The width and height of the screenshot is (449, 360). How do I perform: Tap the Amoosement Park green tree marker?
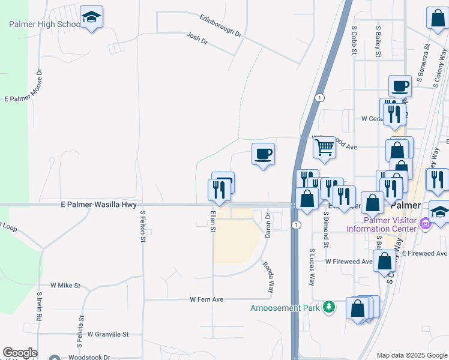(x=328, y=308)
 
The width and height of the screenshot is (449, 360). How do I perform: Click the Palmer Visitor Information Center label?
(x=381, y=224)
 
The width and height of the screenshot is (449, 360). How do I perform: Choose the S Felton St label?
(x=143, y=226)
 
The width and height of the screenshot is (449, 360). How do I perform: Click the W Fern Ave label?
(x=206, y=299)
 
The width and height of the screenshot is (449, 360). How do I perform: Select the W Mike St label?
(x=65, y=286)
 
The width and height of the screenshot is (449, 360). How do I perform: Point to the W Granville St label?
(x=108, y=334)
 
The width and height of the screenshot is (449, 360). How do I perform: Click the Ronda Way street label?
(x=268, y=277)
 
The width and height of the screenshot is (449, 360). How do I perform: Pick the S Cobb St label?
(x=355, y=41)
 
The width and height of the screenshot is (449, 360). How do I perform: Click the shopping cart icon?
(x=324, y=146)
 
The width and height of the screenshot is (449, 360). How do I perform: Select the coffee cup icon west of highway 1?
(x=263, y=154)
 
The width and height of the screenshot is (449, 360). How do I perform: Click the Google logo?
(x=20, y=353)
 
